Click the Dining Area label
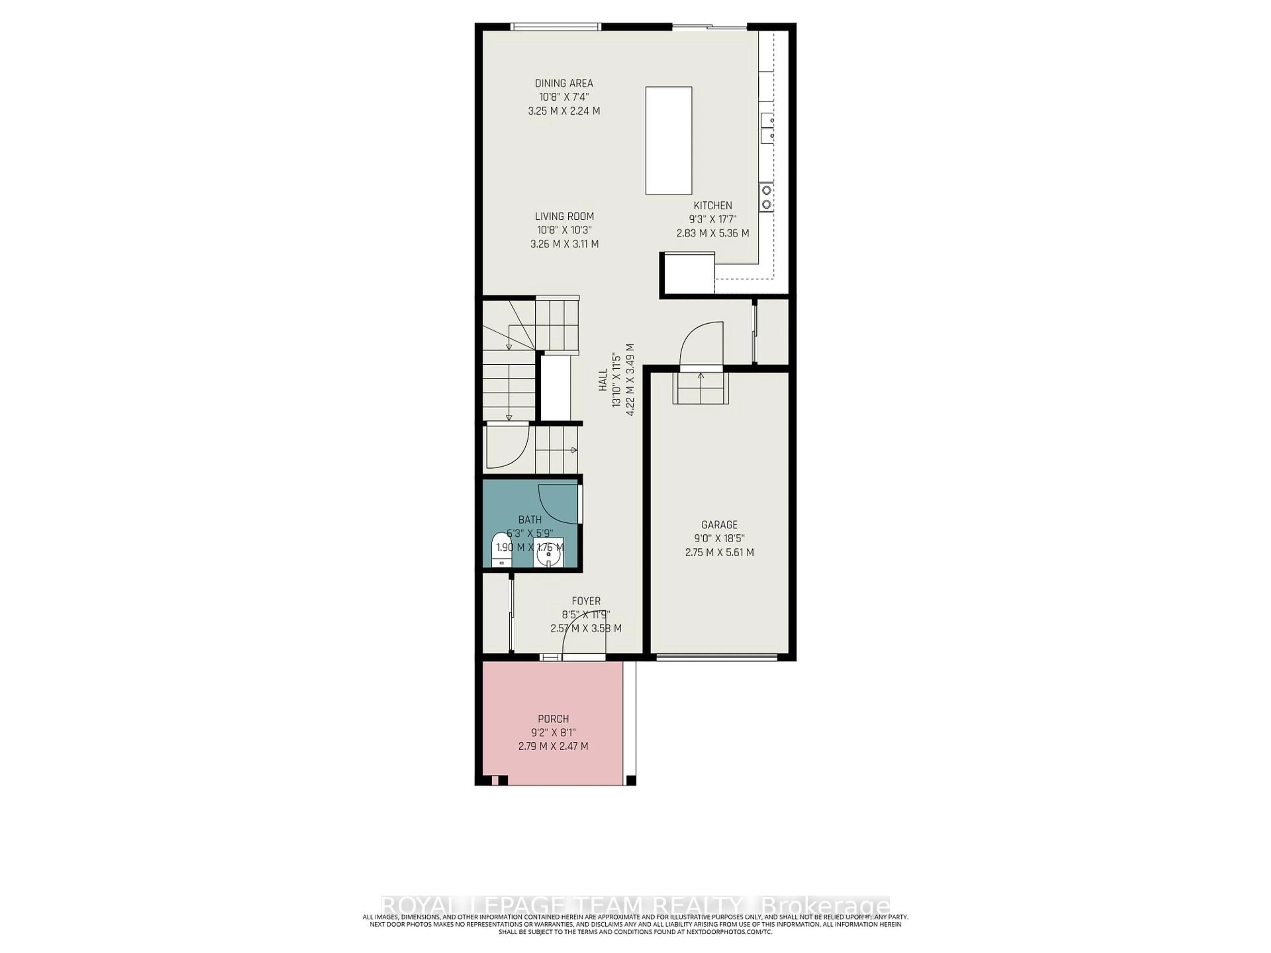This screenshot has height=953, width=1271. (x=564, y=83)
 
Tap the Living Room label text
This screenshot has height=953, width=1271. (x=564, y=216)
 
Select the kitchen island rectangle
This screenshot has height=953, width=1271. (x=668, y=141)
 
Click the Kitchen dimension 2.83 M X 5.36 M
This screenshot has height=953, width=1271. (x=713, y=233)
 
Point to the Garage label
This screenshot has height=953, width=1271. (x=719, y=524)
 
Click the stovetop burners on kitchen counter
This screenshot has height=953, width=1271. (x=766, y=197)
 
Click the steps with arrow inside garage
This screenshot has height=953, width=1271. (x=700, y=388)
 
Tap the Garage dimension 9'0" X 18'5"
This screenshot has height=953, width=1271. (x=719, y=539)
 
